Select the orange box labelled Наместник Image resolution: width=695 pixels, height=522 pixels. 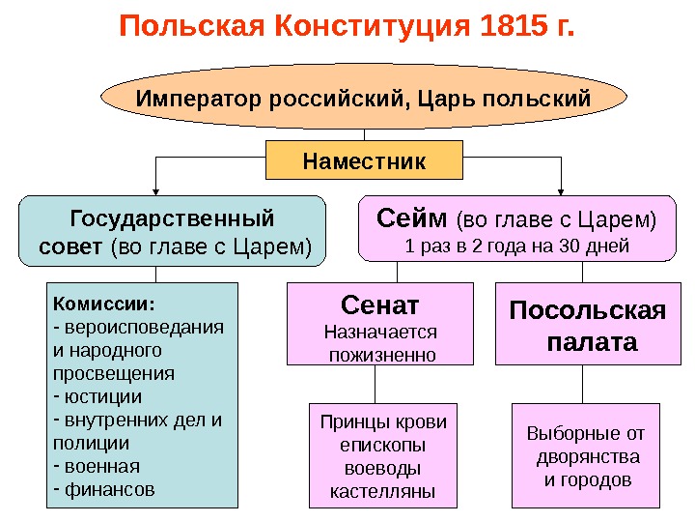point(364,160)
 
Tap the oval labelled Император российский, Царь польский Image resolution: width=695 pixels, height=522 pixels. point(363,99)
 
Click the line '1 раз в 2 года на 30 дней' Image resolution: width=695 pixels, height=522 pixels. point(516,246)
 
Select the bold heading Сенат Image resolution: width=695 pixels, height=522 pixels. point(380,306)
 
